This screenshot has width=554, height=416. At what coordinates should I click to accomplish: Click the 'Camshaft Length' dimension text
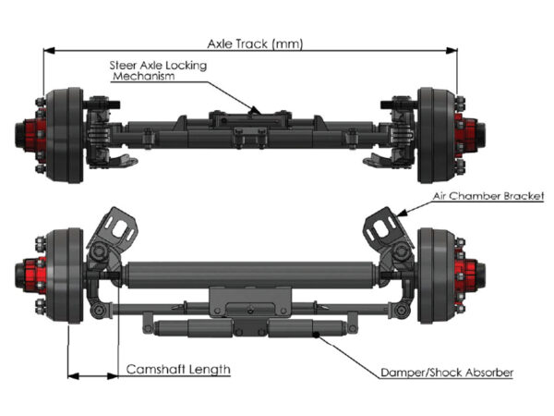tap(177, 370)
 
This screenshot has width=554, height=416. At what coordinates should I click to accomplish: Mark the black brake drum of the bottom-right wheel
tap(439, 275)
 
